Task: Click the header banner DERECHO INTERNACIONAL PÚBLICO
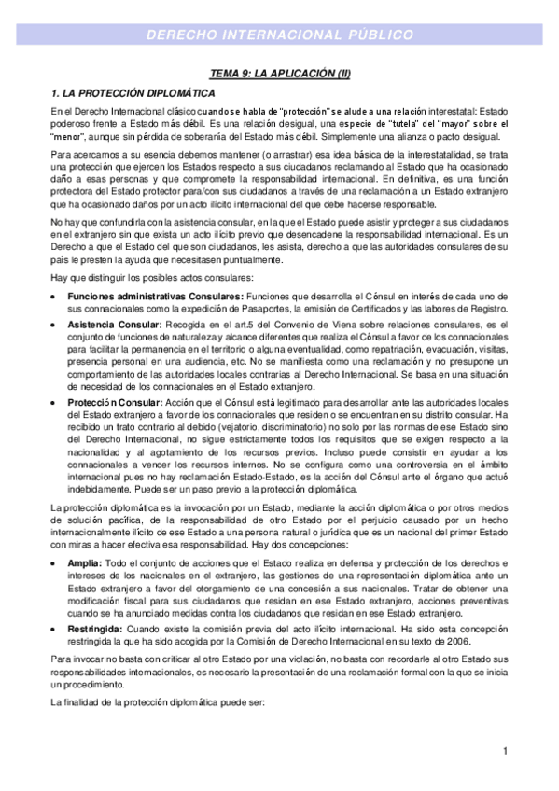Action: coord(280,35)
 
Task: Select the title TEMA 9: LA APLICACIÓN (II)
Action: coord(279,75)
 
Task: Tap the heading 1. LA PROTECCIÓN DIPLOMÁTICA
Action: coord(133,94)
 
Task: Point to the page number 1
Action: coord(504,751)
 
